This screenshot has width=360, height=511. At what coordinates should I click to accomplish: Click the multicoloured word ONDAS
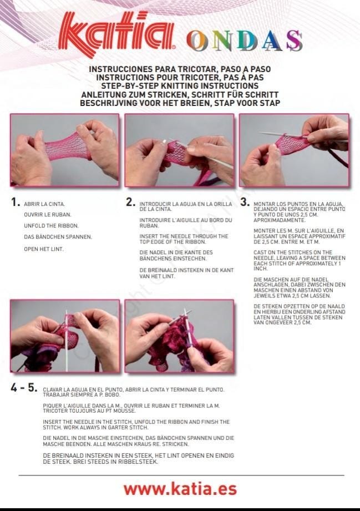(244, 41)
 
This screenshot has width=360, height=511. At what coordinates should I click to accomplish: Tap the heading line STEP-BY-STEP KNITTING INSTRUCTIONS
(180, 86)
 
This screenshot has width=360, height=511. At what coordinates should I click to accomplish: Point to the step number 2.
(131, 202)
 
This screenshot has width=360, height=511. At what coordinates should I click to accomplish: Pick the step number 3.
(245, 202)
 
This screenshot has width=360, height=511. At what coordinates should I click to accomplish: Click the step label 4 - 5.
(24, 387)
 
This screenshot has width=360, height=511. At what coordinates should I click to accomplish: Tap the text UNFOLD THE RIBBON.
(51, 225)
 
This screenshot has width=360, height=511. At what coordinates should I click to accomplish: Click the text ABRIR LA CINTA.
(44, 204)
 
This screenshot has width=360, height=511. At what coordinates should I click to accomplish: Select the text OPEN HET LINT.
(44, 249)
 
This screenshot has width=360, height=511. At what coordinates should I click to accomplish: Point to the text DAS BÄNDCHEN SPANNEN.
(58, 237)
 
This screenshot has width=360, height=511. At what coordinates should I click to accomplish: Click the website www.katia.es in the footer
(180, 489)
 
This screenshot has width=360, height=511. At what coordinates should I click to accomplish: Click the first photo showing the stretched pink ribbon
(65, 150)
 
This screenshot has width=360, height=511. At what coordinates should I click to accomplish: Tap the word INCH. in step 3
(261, 269)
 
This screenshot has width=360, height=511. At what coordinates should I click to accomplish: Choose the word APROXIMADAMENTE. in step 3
(279, 220)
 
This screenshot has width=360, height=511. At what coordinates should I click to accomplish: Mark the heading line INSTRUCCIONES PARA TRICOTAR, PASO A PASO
(180, 69)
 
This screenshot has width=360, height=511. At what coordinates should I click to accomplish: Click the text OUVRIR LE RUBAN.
(47, 215)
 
